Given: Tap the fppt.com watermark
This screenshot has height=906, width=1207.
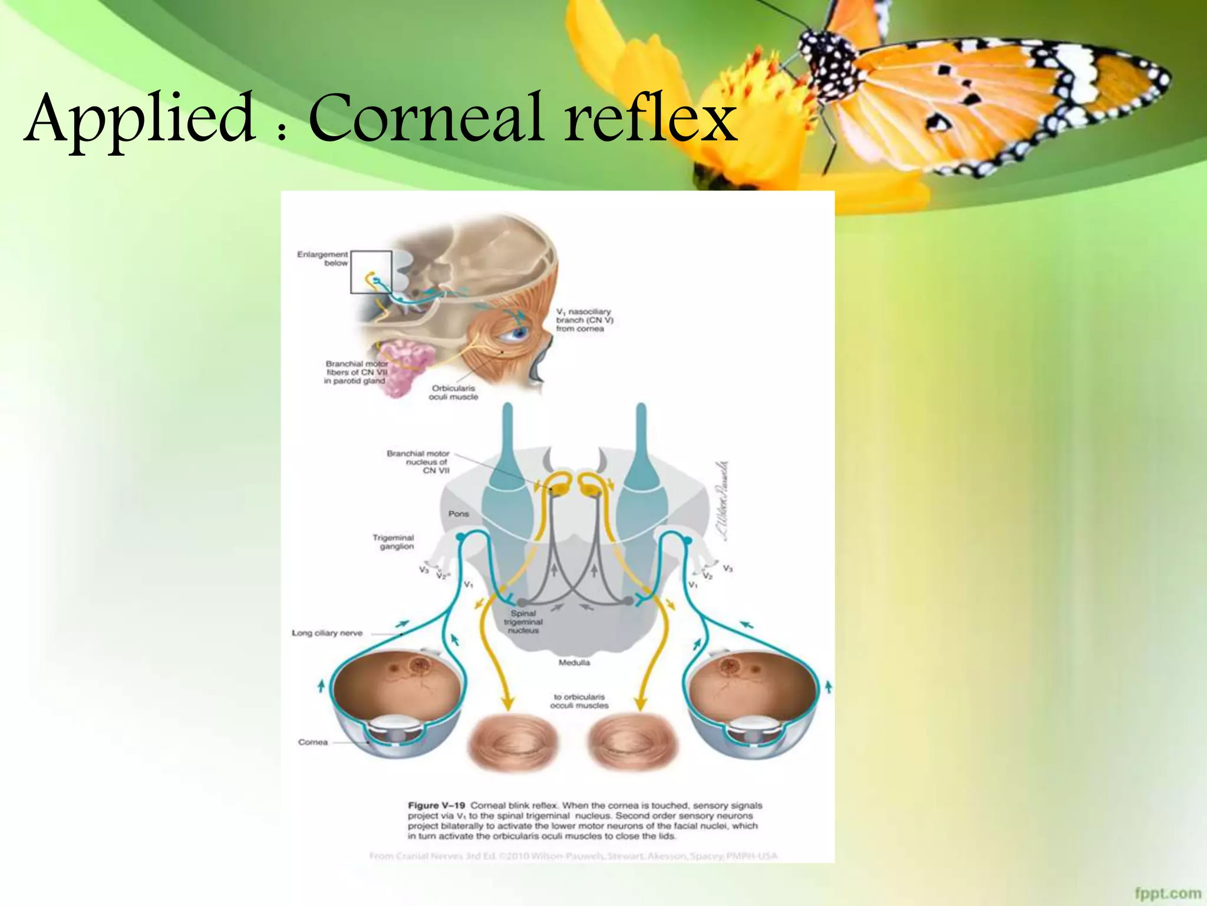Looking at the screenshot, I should [1168, 893].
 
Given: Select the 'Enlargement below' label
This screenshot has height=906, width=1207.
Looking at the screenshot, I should [323, 258].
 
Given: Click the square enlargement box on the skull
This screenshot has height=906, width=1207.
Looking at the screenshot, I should [371, 272].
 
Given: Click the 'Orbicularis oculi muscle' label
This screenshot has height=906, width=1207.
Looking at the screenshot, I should [453, 392].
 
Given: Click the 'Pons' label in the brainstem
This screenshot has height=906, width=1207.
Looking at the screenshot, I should [459, 514].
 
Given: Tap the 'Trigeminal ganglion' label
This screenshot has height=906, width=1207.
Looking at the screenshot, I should [393, 541].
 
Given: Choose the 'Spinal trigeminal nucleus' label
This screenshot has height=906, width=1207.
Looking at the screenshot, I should [523, 622].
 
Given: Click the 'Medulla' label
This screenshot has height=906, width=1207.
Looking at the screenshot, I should [574, 662].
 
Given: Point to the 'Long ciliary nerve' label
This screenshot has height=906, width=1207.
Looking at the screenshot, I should [327, 633].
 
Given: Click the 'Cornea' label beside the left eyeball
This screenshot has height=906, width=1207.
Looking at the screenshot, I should [313, 742].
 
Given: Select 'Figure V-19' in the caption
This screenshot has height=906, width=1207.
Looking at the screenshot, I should [436, 805].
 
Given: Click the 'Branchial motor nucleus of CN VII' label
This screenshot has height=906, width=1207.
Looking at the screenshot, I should [418, 462].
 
